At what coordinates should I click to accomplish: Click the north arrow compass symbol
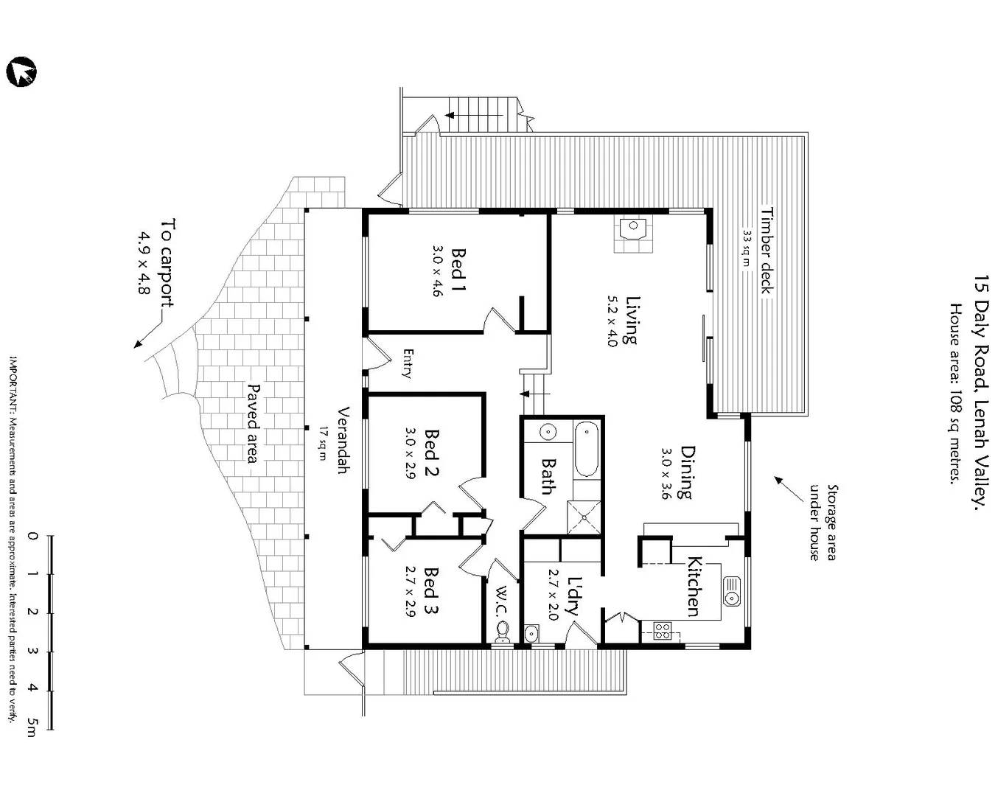(21, 72)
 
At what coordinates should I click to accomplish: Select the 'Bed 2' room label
(432, 453)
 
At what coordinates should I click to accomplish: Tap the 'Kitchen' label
(694, 586)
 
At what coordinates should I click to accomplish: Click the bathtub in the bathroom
(587, 449)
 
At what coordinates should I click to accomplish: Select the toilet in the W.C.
(503, 631)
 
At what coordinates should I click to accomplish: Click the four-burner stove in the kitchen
(662, 631)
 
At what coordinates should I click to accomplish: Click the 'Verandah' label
(343, 440)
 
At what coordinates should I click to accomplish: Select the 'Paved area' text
(254, 423)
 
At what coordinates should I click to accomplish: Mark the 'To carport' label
(170, 262)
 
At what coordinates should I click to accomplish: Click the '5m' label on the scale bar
(32, 725)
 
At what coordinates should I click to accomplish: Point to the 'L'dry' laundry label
(573, 596)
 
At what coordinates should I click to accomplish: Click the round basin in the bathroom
(548, 432)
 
